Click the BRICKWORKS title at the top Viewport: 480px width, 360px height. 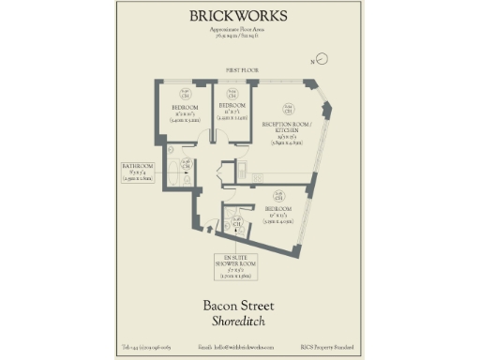(239, 16)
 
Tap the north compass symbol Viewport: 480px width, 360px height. (322, 59)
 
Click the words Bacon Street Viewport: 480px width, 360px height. (239, 305)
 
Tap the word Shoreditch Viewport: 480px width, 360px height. (239, 322)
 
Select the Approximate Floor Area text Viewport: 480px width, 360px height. (239, 34)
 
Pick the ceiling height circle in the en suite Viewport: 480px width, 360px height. (238, 223)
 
